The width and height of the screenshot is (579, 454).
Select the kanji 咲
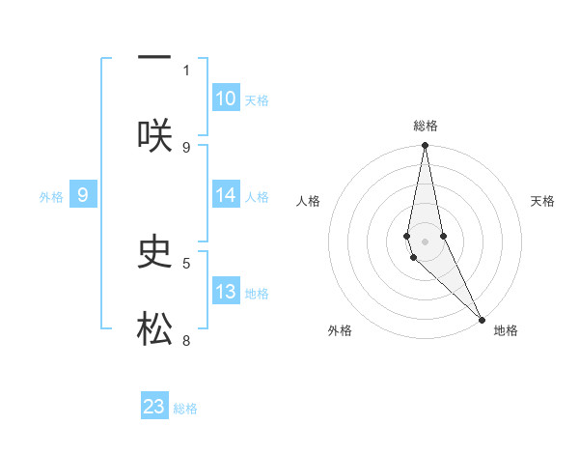154,135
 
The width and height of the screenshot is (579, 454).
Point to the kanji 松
154,329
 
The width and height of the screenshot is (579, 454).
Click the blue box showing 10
226,99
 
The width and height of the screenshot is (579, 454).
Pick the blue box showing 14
226,195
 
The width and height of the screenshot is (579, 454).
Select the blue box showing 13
226,292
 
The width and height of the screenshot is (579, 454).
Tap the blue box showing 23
154,407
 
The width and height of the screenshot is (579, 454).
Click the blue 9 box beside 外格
83,195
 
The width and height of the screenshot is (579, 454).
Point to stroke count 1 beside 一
186,70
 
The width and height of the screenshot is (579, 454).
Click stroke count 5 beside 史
186,261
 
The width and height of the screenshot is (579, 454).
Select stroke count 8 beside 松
186,340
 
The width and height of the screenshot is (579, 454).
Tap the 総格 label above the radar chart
426,126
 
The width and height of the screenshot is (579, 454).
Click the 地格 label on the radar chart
506,331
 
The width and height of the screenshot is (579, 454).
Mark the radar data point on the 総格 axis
425,146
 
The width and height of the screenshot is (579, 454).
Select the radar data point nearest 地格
482,319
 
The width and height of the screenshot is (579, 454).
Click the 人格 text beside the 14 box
257,197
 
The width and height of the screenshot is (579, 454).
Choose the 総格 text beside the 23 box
185,409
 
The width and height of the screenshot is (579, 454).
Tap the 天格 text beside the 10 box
257,100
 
